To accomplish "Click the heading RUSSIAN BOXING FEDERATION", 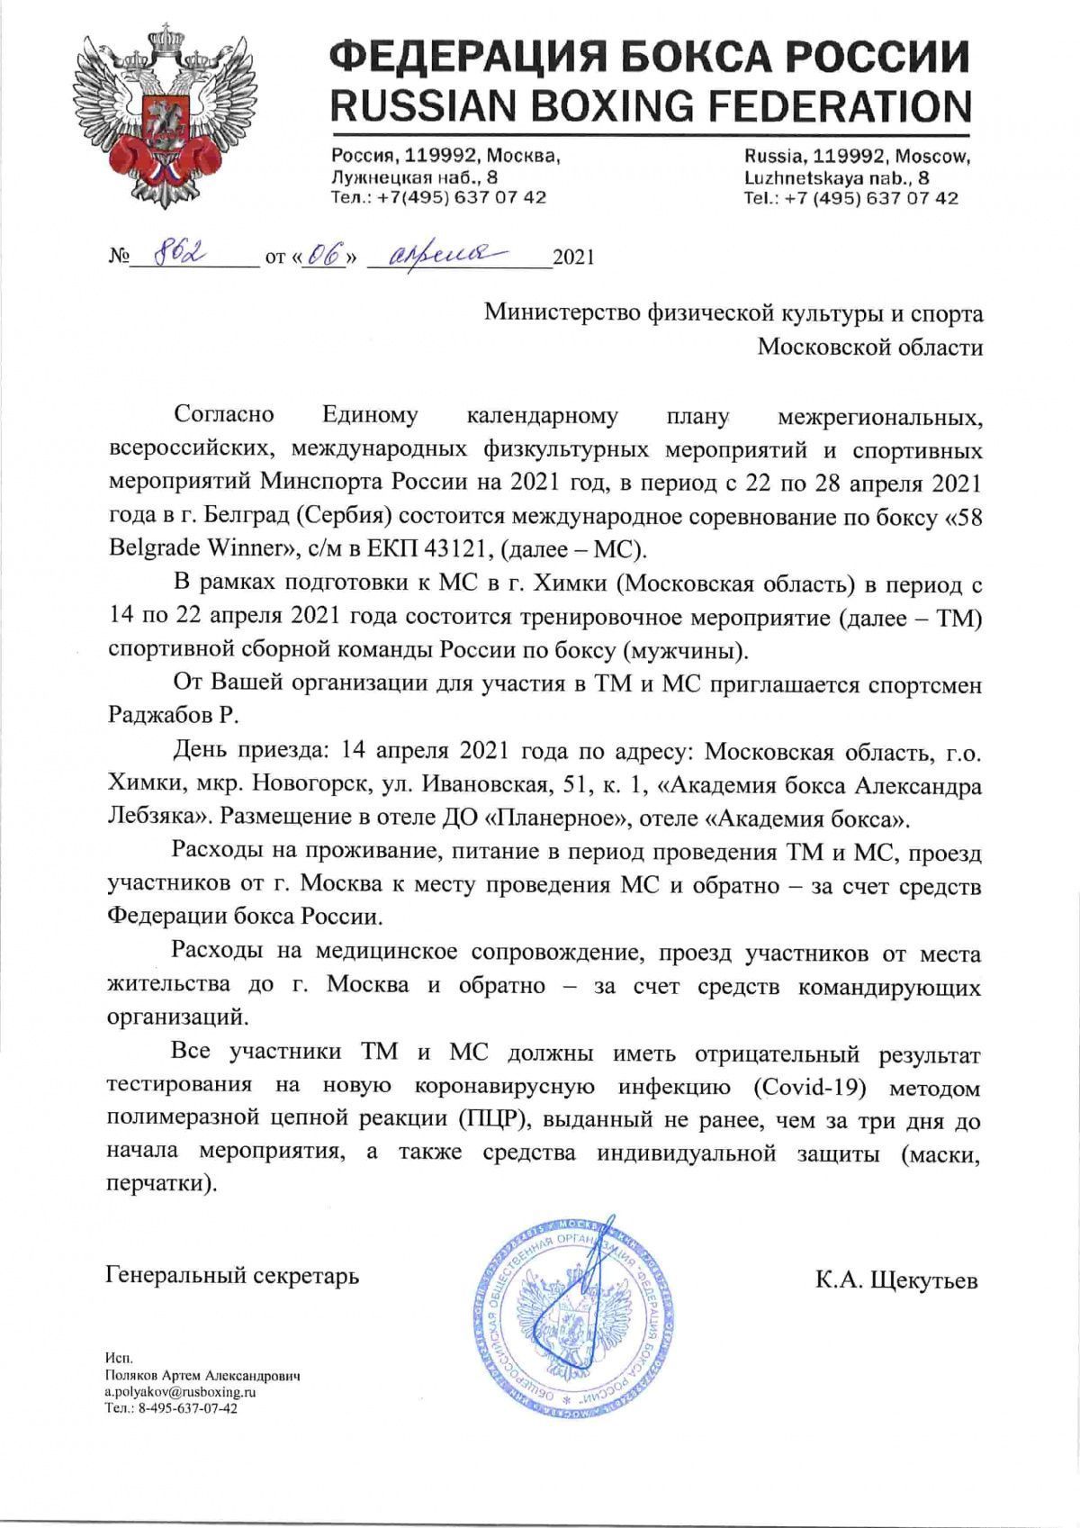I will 651,106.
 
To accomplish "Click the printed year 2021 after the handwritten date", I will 572,258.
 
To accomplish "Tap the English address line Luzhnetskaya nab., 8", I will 837,177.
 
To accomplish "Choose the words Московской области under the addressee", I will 869,346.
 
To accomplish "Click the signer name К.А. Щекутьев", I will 895,1279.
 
